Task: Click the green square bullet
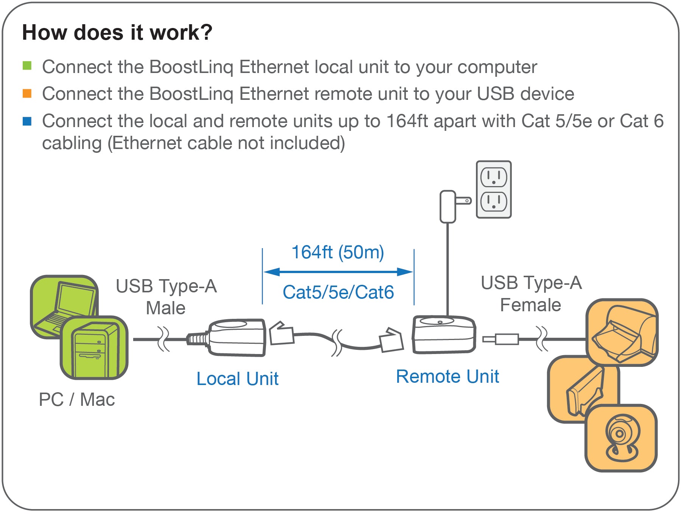27,66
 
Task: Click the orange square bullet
27,93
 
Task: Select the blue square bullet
27,121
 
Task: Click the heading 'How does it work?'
117,33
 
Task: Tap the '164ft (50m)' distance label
337,252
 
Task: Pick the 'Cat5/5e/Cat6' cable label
338,292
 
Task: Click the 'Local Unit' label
237,379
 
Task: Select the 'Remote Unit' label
447,377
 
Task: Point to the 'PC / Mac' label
77,399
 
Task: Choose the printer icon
622,332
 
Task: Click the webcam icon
621,438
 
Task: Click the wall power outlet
494,189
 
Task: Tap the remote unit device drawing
444,335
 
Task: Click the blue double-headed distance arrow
338,272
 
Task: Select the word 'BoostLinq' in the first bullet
191,67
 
